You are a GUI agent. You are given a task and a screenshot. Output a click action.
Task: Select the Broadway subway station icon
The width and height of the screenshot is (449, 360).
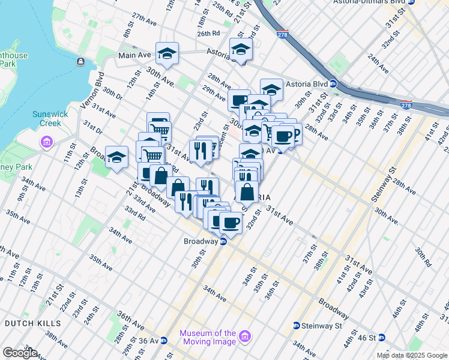coord(223,242)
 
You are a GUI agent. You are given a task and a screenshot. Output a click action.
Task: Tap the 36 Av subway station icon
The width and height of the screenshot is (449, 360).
coord(163,340)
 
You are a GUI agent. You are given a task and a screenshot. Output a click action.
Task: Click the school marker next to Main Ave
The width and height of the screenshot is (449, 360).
coord(167,53)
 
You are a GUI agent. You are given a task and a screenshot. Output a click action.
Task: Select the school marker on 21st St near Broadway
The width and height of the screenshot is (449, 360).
coord(116,157)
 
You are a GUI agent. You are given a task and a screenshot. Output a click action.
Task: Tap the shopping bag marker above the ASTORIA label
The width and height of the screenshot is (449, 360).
coord(246,191)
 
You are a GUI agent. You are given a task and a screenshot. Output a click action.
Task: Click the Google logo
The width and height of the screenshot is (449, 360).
coord(20,353)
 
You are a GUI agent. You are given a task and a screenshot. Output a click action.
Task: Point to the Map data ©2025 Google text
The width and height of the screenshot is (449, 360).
coord(412,355)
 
